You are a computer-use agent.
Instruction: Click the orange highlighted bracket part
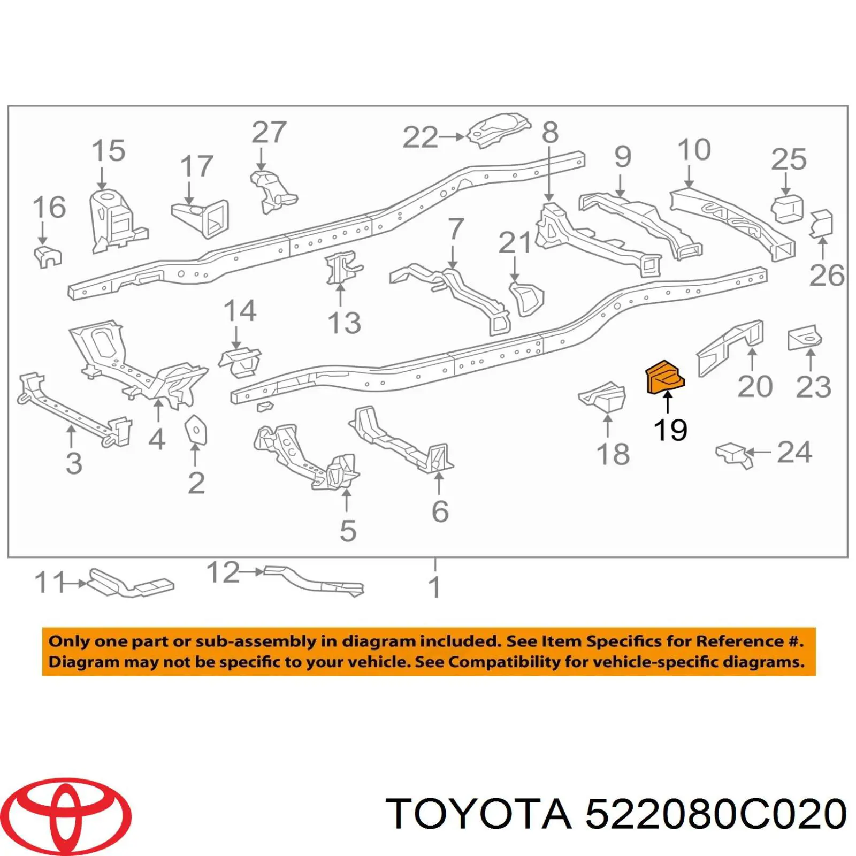[x=665, y=379]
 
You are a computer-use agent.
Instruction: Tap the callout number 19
[x=670, y=430]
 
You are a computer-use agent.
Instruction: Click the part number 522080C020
[x=716, y=814]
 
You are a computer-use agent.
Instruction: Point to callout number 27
[x=269, y=132]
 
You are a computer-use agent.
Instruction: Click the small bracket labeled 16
[x=48, y=257]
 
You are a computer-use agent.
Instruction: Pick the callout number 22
[x=420, y=137]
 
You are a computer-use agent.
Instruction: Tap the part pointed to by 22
[x=499, y=130]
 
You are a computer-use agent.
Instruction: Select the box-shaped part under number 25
[x=787, y=209]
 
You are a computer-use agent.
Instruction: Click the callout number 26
[x=827, y=276]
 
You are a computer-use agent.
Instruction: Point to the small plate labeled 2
[x=196, y=430]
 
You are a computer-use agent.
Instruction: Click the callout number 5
[x=348, y=531]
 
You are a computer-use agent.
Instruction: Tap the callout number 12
[x=223, y=572]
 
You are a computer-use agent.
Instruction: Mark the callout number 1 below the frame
[x=434, y=587]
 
